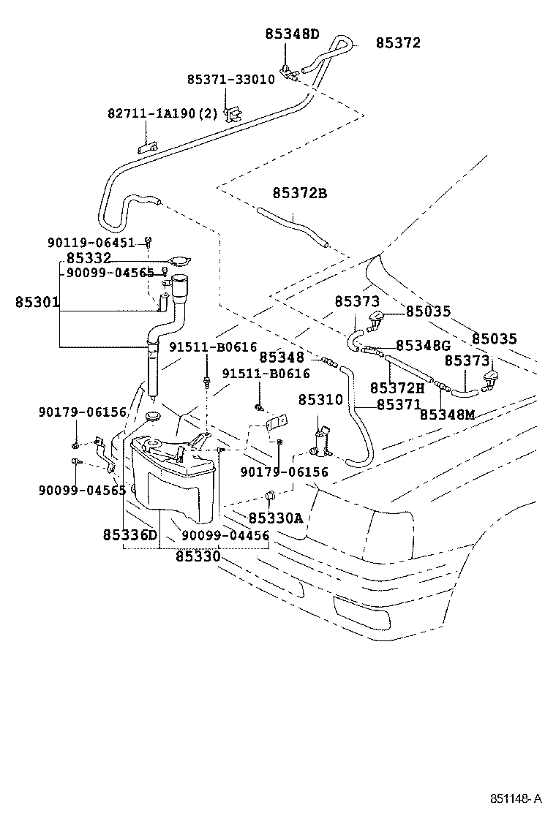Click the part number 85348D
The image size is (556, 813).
point(292,34)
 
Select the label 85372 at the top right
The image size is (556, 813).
point(398,43)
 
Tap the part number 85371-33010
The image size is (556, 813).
point(230,80)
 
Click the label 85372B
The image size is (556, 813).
point(299,194)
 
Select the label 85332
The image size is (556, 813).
point(89,258)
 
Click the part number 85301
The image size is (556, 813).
point(37,302)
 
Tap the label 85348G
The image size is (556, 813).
point(423,345)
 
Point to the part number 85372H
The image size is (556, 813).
point(397,387)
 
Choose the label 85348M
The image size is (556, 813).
point(447,415)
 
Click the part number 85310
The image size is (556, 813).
point(320,401)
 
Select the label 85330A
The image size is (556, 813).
point(275,518)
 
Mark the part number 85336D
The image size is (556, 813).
point(130,535)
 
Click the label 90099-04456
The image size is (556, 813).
point(225,535)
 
